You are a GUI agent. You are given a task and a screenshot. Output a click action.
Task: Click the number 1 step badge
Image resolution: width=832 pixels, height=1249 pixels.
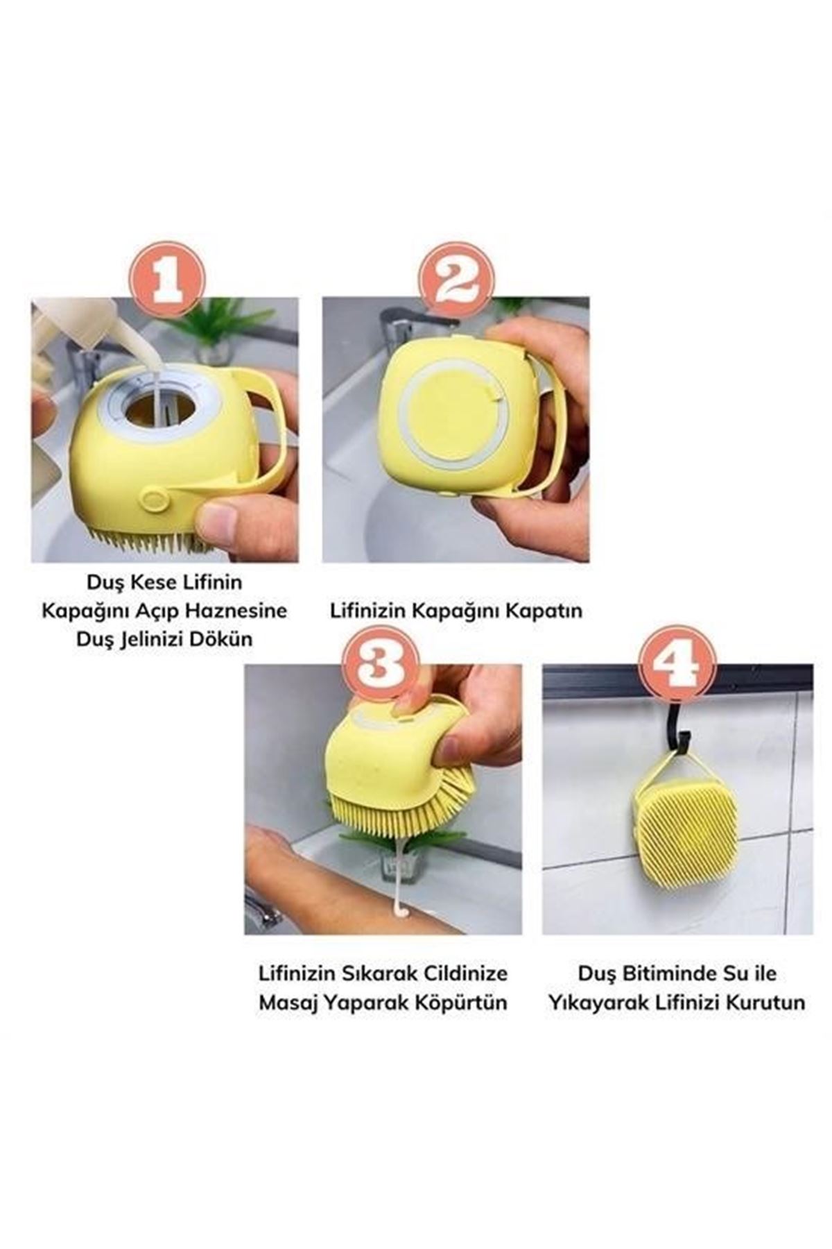[x=168, y=277]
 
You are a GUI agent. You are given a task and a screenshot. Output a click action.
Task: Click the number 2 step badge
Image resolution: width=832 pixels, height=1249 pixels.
[x=458, y=277]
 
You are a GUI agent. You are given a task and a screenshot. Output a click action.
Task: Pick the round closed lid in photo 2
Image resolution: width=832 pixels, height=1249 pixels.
[x=456, y=416]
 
